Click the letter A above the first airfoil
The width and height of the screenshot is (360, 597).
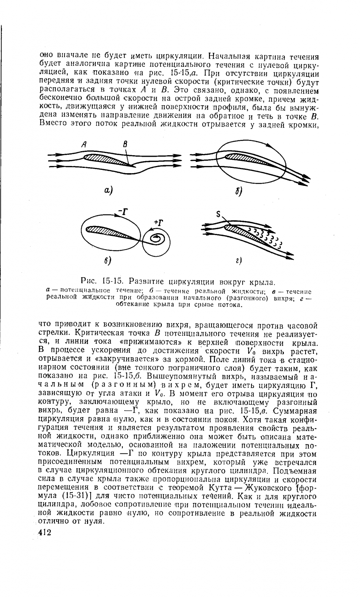coord(86,144)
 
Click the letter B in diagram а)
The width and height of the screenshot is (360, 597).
coord(125,144)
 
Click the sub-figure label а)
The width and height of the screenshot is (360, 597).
coord(109,190)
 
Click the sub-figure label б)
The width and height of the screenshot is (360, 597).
coord(239,192)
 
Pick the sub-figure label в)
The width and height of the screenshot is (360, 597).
coord(108,260)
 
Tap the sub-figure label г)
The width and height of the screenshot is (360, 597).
coord(239,261)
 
